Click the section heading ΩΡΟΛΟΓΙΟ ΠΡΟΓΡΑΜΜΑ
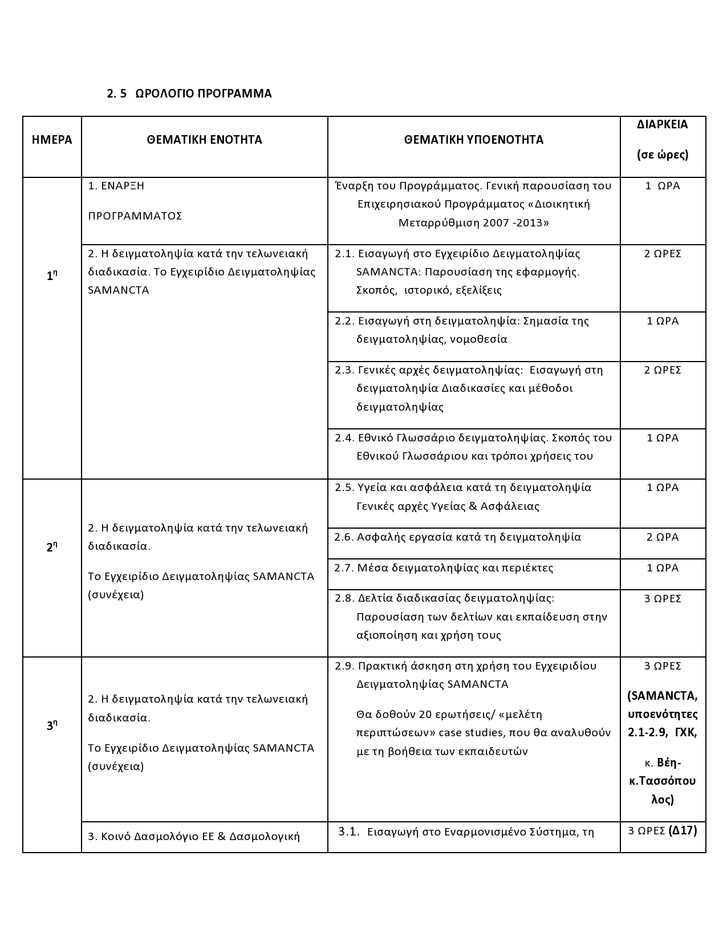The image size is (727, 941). (204, 94)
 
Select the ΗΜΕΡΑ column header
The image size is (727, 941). (52, 140)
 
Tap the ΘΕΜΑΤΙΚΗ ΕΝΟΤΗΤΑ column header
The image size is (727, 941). (204, 140)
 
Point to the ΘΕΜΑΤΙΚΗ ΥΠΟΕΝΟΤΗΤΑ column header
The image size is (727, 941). (473, 140)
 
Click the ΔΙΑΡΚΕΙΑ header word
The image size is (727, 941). (663, 124)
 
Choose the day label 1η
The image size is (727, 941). (52, 276)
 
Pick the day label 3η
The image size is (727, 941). (52, 726)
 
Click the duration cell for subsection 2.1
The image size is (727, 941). (663, 254)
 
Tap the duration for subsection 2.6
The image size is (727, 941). (663, 537)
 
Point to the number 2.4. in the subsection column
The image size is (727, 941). (344, 438)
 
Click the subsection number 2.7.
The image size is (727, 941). (344, 568)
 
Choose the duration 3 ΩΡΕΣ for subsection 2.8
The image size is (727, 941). (663, 599)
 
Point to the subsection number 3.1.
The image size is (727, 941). (349, 832)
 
